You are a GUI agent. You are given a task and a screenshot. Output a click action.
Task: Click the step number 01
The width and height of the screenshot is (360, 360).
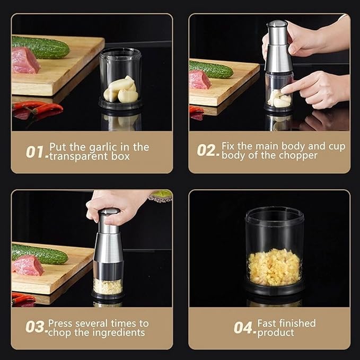click(x=36, y=152)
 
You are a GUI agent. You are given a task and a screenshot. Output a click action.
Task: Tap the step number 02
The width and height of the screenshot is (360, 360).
click(x=207, y=150)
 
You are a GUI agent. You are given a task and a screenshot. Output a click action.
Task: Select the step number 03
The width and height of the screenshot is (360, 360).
click(x=35, y=327)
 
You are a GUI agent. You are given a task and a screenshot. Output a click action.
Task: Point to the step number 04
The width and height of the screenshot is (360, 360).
click(x=244, y=328)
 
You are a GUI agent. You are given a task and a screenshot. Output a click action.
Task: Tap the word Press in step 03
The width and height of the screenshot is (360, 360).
click(x=60, y=323)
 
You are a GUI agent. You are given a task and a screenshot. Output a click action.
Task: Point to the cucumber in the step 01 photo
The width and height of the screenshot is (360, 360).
click(x=41, y=47)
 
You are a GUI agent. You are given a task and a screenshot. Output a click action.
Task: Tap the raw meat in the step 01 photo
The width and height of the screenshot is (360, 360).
click(x=24, y=60)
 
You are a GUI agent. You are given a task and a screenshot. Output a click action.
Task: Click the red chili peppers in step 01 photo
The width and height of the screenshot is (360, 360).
click(x=40, y=108)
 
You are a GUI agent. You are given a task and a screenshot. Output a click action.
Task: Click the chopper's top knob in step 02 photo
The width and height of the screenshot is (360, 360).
click(x=277, y=25)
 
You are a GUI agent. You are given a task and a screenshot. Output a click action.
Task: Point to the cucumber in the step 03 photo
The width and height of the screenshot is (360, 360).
click(x=40, y=254)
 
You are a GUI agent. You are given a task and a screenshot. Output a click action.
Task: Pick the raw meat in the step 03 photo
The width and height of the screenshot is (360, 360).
click(x=28, y=266)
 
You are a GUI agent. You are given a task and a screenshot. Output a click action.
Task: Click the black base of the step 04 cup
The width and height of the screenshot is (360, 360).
click(x=274, y=289)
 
